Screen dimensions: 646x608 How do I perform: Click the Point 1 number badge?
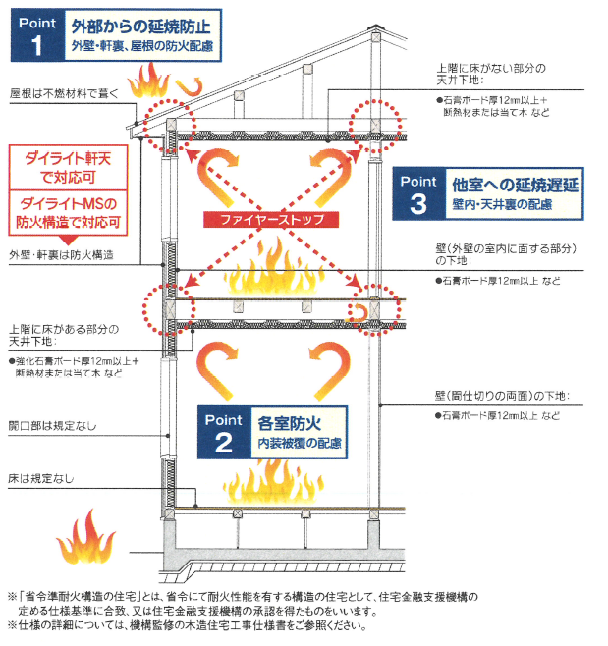coord(36,34)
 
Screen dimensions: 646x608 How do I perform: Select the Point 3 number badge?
coord(418,192)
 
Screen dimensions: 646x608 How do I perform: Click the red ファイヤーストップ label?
coord(267,219)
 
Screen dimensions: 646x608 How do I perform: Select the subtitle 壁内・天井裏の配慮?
coord(502,205)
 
